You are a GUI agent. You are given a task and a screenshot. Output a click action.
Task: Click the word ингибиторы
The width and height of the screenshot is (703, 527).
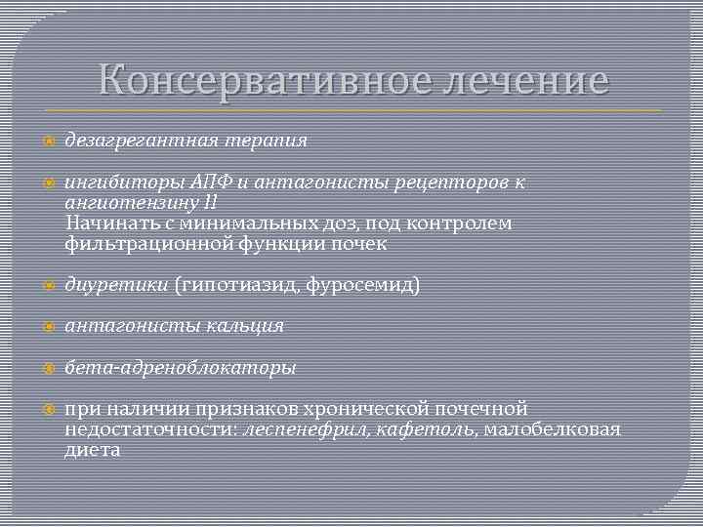pos(117,182)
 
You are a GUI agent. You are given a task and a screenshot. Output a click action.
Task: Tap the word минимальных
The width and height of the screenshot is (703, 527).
pos(240,224)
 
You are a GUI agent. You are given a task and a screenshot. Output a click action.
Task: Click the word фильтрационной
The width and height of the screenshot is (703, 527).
pos(148,245)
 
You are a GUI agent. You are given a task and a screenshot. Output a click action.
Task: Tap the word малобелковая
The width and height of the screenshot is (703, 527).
pos(552,429)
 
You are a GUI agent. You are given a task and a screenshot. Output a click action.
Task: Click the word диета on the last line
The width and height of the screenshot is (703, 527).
pos(93,450)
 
